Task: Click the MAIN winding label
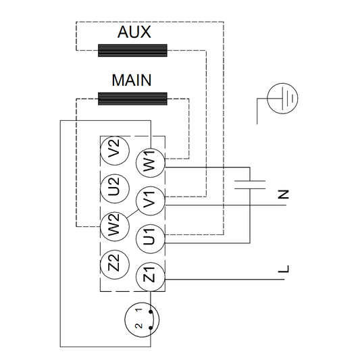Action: tap(131, 81)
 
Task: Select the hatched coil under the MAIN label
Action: tap(132, 99)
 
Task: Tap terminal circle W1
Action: tap(149, 162)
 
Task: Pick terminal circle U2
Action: tap(113, 185)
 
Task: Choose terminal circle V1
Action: tap(149, 201)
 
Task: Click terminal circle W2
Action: tap(113, 224)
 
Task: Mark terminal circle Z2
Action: tap(113, 262)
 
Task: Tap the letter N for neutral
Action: tap(284, 195)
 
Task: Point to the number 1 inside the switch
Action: tap(140, 311)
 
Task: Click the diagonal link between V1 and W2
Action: tap(132, 212)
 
